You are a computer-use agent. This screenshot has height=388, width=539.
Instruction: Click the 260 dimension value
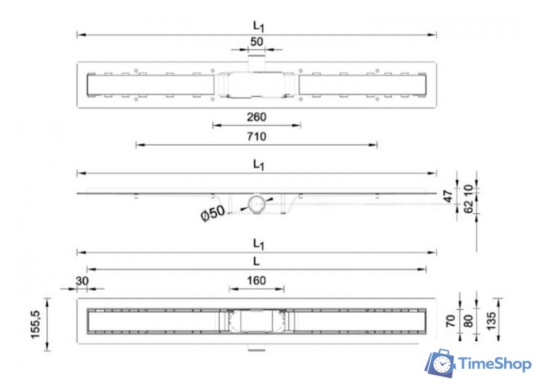(x=257, y=117)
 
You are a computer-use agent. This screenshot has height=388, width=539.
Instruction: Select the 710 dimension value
(x=257, y=136)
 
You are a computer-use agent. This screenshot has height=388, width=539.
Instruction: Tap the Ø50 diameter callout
(x=213, y=214)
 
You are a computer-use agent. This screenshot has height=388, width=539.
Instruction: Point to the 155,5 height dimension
(x=36, y=324)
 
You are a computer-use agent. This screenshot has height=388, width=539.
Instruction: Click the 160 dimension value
(x=257, y=280)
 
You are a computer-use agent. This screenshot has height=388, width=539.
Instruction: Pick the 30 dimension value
(x=82, y=281)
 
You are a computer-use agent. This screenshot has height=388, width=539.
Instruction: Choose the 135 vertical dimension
(x=491, y=321)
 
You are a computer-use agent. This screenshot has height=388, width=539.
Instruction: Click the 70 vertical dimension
(x=450, y=321)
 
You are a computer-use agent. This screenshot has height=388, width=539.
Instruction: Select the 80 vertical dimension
(x=468, y=321)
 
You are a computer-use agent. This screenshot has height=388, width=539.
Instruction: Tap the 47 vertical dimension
(x=448, y=196)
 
